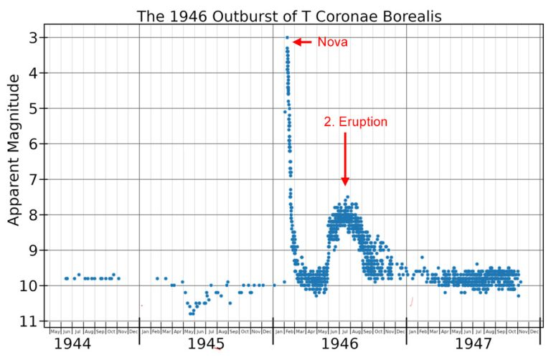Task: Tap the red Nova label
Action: coord(332,42)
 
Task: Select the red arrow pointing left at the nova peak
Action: coord(302,42)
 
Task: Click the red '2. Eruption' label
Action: coord(355,122)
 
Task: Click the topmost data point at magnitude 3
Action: coord(287,37)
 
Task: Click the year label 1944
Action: coord(72,344)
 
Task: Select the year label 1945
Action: coord(207,344)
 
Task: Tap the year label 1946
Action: coord(339,344)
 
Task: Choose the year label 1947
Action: coord(473,344)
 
